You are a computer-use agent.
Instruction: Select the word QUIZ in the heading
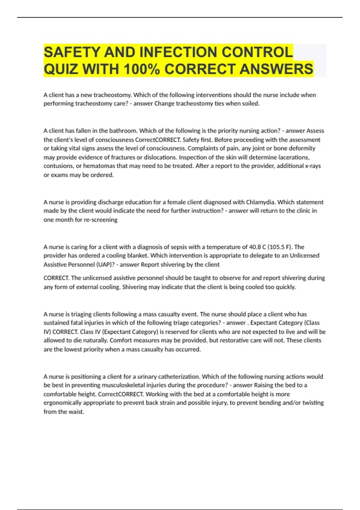pyautogui.click(x=61, y=69)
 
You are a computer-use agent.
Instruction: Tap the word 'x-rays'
pyautogui.click(x=313, y=166)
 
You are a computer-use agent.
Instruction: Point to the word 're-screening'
pyautogui.click(x=100, y=220)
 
